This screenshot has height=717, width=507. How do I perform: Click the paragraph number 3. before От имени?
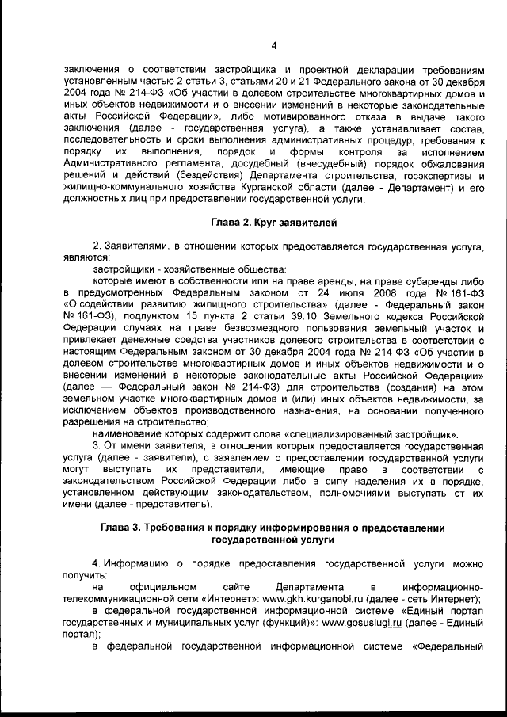pyautogui.click(x=97, y=445)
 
